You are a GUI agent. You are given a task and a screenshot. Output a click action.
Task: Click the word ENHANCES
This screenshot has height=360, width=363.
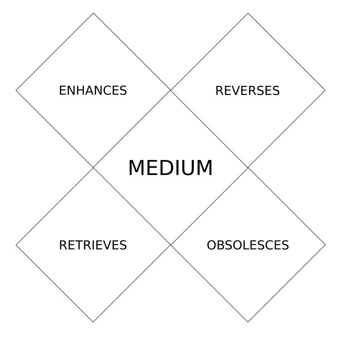(x=93, y=91)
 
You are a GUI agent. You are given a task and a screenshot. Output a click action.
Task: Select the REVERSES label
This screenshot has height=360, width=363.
(x=247, y=91)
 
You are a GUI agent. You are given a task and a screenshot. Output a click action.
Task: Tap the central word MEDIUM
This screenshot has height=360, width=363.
(x=170, y=168)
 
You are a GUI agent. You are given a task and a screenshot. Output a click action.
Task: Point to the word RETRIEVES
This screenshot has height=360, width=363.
(x=93, y=245)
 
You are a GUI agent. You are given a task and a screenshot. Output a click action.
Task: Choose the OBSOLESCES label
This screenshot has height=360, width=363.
(x=248, y=245)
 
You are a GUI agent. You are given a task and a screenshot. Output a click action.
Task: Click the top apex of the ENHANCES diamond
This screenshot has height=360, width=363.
(x=93, y=13)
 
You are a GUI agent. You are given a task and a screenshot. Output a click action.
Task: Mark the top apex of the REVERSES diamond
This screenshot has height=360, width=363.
(x=248, y=13)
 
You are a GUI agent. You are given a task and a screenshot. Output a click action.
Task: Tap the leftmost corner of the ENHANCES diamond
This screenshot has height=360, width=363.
(x=16, y=91)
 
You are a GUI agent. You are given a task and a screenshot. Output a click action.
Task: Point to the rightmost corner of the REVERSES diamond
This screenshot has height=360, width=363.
(x=325, y=91)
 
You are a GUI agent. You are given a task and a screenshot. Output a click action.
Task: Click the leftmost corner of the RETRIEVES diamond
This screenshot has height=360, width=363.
(x=16, y=245)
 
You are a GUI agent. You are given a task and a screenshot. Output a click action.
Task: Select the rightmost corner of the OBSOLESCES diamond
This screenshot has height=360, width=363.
(x=325, y=245)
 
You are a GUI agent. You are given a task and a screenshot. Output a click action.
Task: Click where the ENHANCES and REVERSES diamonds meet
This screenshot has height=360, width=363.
(x=171, y=91)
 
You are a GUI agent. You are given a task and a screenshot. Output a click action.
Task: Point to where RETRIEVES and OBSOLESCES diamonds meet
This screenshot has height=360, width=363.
(x=171, y=245)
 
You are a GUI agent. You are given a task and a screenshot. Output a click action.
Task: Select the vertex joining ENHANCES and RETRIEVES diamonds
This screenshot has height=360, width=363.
(x=93, y=168)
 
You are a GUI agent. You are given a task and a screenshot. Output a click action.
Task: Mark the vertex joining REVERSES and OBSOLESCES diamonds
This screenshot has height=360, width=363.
(x=248, y=168)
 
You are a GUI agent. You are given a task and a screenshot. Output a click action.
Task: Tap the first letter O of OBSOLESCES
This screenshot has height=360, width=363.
(x=211, y=245)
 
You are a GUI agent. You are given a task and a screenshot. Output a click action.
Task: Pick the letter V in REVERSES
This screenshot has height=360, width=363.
(x=234, y=91)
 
